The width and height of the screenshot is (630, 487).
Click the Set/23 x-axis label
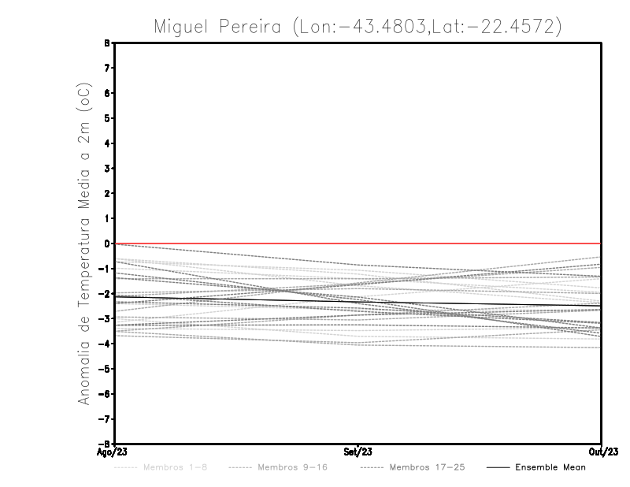[358, 452]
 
